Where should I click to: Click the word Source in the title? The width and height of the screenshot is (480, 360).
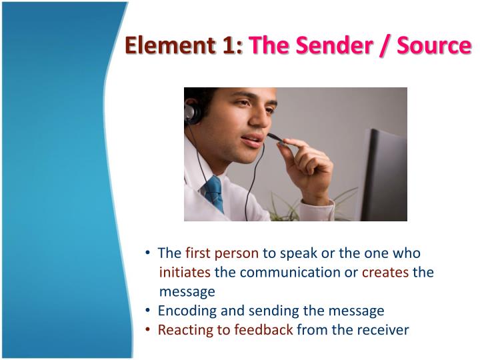click(435, 46)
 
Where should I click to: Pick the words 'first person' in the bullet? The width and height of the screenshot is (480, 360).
click(222, 253)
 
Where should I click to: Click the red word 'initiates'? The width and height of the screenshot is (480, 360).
click(185, 272)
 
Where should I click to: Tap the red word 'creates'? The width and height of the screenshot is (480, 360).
click(385, 272)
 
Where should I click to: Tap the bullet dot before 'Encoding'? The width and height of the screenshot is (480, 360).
click(147, 311)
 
